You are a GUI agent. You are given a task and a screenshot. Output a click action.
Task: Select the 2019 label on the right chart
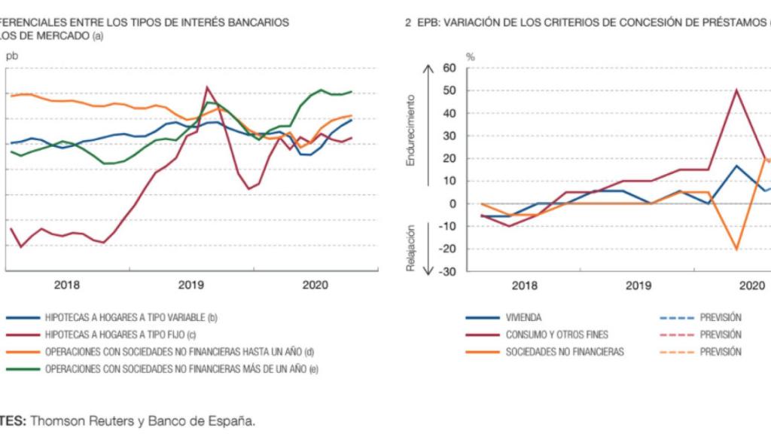click(638, 286)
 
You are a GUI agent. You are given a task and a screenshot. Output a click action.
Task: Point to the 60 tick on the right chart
click(450, 69)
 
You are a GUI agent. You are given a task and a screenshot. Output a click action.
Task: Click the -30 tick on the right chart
click(449, 271)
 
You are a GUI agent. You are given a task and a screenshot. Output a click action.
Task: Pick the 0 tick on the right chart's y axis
click(453, 204)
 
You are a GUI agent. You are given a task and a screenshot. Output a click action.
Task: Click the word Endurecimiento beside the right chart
click(412, 130)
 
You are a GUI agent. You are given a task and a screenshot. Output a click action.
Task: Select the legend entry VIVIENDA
click(523, 317)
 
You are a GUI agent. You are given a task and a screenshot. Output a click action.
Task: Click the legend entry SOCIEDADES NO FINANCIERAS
click(565, 352)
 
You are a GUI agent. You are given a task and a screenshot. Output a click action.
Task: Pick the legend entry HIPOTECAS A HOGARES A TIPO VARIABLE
click(120, 317)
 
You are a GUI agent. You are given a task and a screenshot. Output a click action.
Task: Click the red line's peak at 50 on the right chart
click(736, 90)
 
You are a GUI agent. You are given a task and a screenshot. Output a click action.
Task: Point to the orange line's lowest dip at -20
click(736, 249)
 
